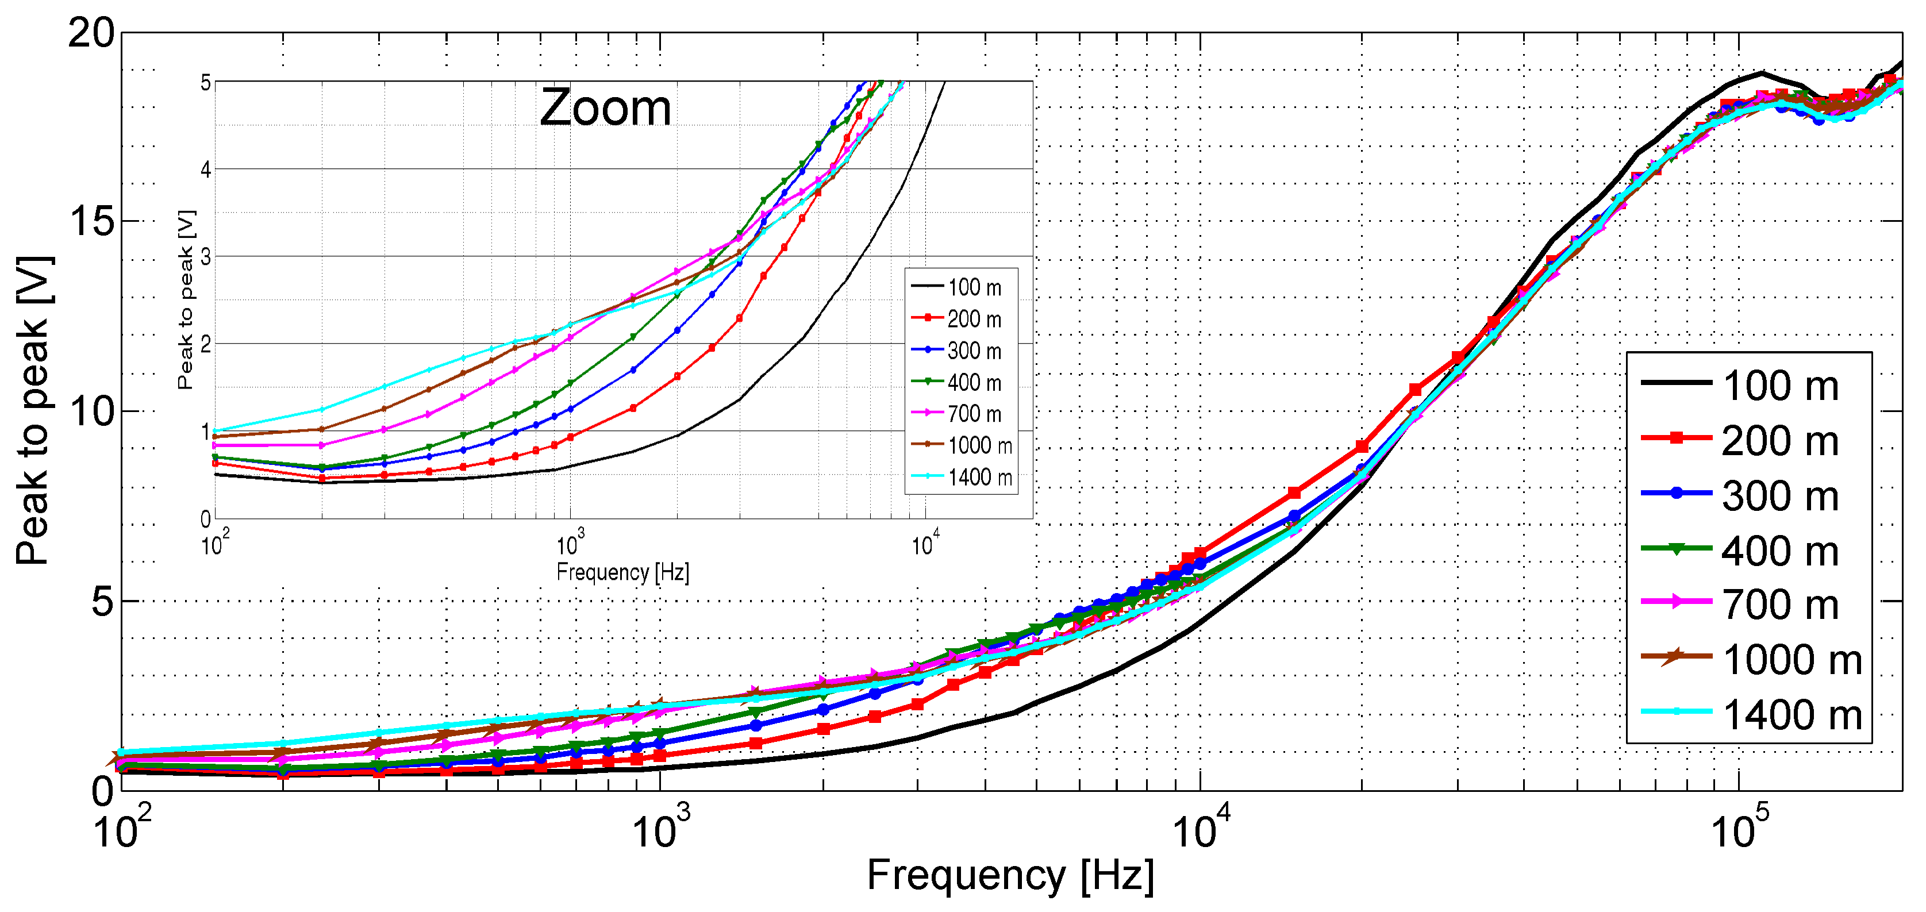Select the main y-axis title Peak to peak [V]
coord(34,410)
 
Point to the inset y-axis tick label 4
coord(206,170)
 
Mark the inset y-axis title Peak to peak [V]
coord(186,299)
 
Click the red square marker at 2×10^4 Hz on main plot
coord(1362,447)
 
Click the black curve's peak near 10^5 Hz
coord(1762,72)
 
